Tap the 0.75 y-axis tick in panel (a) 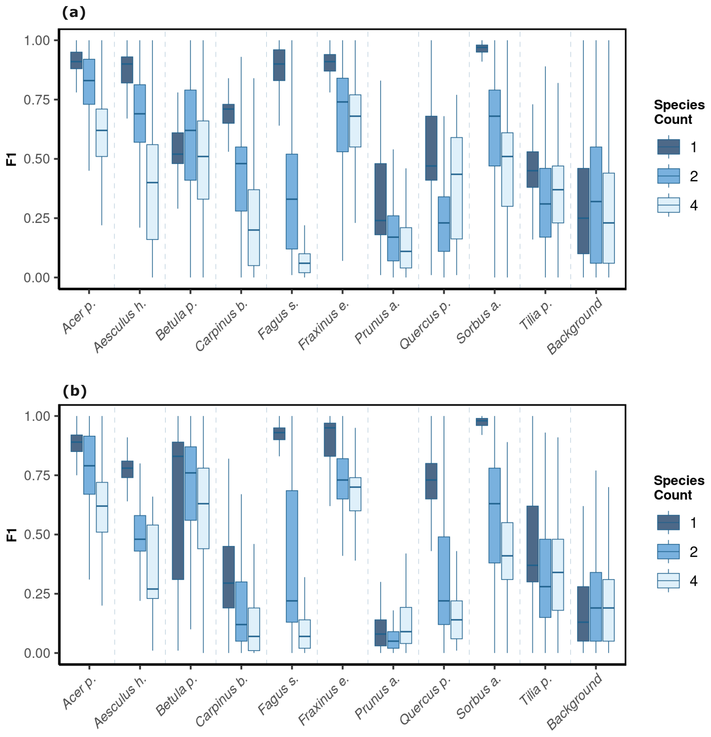(36, 100)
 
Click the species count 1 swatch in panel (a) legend (668, 147)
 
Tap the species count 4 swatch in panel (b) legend (668, 581)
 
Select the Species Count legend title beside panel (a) (679, 112)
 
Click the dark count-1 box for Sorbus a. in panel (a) (482, 48)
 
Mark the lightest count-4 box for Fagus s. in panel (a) (304, 263)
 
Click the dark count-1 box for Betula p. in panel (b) (178, 511)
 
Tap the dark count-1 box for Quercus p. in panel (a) (431, 148)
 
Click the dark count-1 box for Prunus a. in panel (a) (380, 199)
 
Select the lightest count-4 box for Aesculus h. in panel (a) (152, 192)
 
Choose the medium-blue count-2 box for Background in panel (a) (596, 205)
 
